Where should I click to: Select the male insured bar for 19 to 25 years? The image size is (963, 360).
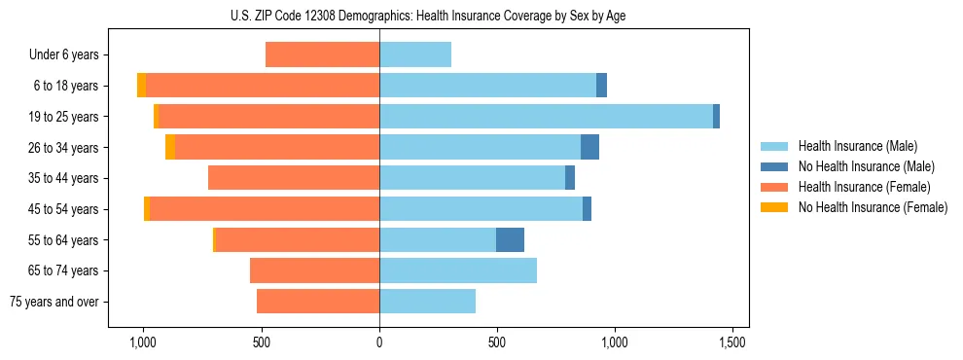pos(546,117)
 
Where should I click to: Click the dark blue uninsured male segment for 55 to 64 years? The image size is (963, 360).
pos(510,239)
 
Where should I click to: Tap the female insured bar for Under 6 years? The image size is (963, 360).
pos(322,55)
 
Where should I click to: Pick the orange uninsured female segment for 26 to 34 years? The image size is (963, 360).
pos(170,147)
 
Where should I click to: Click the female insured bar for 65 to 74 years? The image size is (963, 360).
pos(314,270)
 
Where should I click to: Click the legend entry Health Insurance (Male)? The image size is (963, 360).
pos(856,146)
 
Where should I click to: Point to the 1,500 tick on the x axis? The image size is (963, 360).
pos(732,342)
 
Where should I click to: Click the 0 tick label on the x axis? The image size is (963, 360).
pos(379,342)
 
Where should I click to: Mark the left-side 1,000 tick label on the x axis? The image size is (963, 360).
pos(143,342)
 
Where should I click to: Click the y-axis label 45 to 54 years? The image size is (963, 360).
pos(65,209)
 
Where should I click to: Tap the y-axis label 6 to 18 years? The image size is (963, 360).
pos(67,86)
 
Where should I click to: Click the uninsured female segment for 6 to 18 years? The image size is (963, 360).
pos(141,86)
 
